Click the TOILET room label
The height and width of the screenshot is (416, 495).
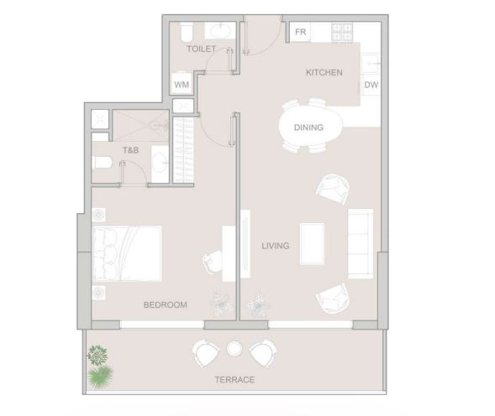coord(202,49)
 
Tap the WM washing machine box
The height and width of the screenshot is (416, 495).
coord(182,85)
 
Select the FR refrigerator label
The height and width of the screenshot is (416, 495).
coord(301,32)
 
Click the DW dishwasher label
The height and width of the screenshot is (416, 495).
coord(371,85)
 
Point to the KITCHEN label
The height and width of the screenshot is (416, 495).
coord(324,72)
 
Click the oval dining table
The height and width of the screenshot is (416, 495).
coord(311,127)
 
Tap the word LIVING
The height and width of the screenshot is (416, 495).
coord(276,246)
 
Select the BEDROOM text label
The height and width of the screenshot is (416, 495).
coord(166,304)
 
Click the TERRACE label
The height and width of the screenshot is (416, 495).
coord(234,380)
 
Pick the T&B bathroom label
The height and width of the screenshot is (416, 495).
coord(131,150)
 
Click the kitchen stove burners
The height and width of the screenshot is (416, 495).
coord(342,33)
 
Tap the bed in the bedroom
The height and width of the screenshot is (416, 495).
coord(127,253)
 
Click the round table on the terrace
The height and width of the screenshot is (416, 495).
coord(234,349)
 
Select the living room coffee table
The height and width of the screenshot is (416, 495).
coord(312,243)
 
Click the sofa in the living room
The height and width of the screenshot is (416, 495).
coord(361,243)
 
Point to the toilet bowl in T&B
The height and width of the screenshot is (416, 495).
coord(102,163)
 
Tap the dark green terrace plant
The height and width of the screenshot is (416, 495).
coord(97,355)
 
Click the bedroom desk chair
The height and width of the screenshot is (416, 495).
coord(213,263)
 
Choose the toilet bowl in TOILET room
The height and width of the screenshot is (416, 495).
coord(187,33)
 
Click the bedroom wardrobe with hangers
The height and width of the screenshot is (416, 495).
coord(183,150)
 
